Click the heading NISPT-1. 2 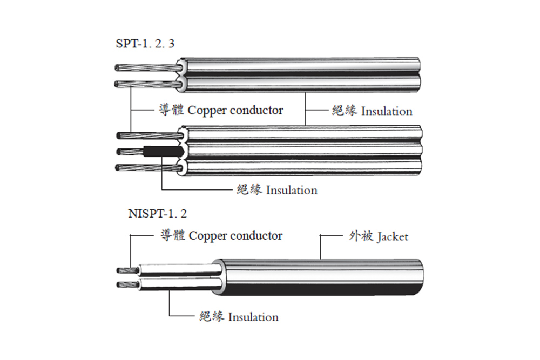pyautogui.click(x=158, y=213)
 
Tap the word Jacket pyautogui.click(x=393, y=236)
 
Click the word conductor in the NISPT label pyautogui.click(x=256, y=236)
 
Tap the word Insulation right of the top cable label pyautogui.click(x=387, y=111)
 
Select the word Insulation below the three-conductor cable pyautogui.click(x=292, y=190)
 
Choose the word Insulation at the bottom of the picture pyautogui.click(x=253, y=317)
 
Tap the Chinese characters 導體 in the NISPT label pyautogui.click(x=173, y=236)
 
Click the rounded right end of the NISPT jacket pyautogui.click(x=418, y=277)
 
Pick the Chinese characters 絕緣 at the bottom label pyautogui.click(x=212, y=317)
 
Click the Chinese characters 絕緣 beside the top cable pyautogui.click(x=345, y=111)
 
